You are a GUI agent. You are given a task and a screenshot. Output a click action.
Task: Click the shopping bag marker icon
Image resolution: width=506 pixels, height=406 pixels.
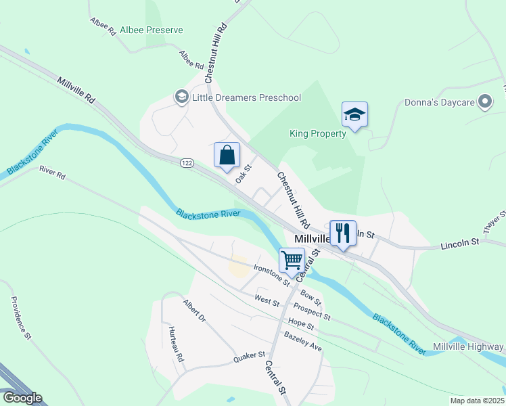228,155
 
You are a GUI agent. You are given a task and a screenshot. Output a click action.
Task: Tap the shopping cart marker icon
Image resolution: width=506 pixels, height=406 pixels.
292,260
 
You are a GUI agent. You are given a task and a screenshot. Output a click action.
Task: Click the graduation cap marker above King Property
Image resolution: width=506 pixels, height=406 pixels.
354,115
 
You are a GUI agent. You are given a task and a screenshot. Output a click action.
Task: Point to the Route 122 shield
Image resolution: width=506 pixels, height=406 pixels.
187,163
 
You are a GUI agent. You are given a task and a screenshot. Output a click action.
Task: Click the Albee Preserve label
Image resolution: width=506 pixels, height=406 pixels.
151,30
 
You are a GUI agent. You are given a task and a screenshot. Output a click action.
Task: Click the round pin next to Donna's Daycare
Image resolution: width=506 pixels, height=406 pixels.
484,102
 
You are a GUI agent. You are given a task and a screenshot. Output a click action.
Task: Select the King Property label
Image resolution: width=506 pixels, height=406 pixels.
317,133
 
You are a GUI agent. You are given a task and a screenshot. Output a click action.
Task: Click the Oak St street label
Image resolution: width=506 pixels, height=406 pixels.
243,174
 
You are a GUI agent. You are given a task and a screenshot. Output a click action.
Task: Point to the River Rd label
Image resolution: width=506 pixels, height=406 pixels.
52,173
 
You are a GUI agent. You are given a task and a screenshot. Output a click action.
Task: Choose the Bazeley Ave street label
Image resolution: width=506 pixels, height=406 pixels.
303,340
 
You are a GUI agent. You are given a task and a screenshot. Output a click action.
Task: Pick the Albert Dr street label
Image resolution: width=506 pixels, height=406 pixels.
193,310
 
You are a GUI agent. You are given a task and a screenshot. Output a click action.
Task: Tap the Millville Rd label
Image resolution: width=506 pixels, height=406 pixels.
76,89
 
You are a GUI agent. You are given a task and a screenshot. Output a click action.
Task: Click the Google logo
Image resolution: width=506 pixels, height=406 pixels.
22,398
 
